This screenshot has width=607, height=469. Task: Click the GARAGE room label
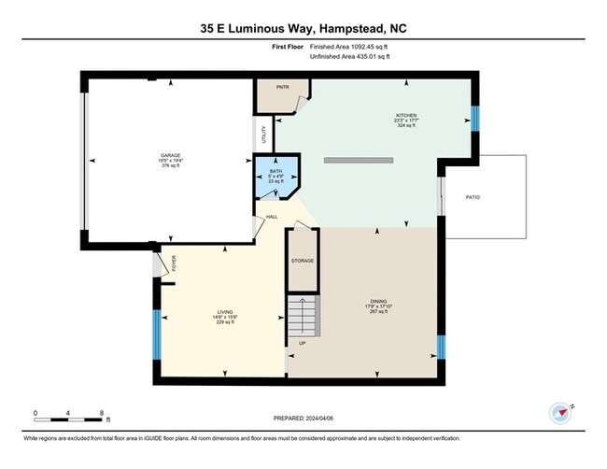170,155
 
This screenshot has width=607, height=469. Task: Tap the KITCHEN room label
405,116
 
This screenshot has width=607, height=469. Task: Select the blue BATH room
276,177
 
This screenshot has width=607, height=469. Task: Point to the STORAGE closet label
302,261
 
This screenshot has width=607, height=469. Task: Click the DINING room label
374,302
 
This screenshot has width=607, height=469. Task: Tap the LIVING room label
224,311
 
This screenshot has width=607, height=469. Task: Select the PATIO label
473,197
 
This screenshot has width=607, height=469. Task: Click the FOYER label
174,263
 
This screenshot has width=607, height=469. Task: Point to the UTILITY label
264,134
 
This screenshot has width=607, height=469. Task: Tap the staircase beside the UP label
303,319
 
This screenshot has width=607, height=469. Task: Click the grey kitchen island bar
358,161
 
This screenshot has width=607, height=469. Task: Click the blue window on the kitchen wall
473,119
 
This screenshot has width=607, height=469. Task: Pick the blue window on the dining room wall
442,347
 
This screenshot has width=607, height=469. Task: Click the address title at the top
303,29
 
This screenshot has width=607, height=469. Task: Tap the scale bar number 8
101,412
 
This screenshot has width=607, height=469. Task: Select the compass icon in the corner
559,412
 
